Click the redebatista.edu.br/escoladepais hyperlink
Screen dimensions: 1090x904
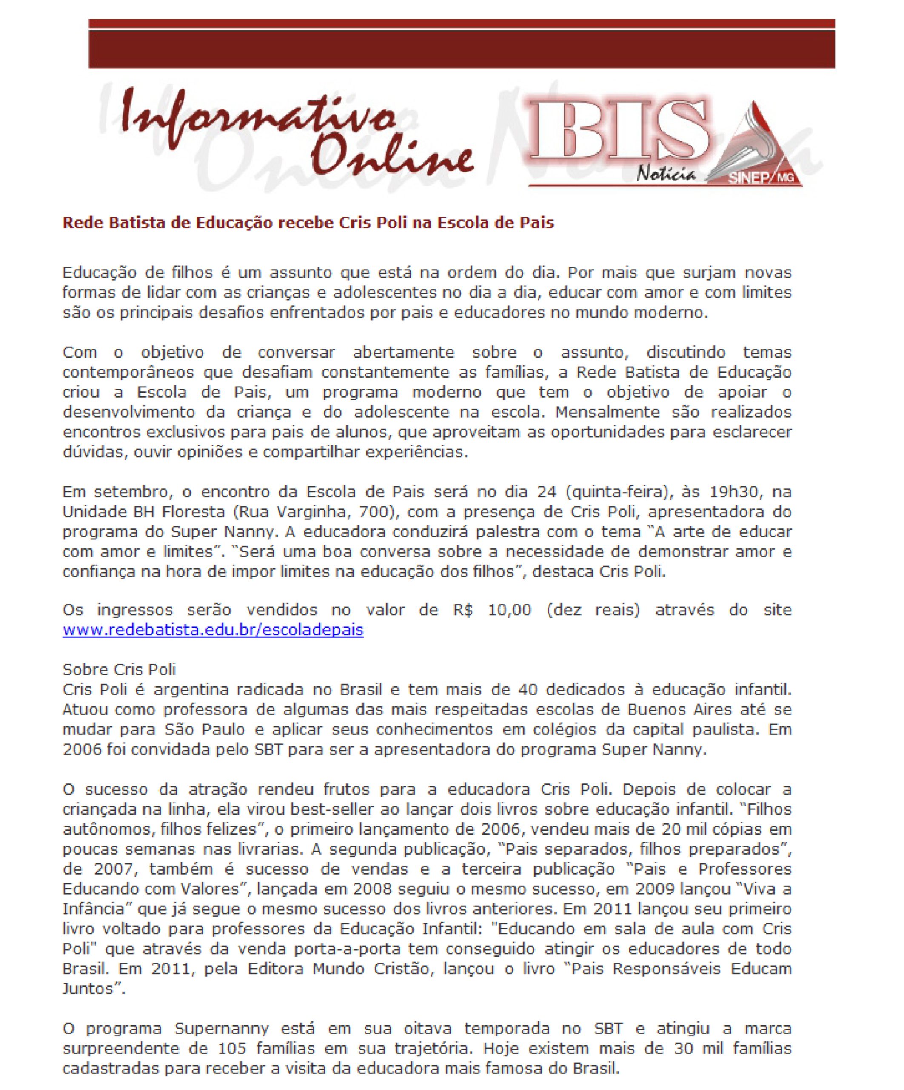pos(213,630)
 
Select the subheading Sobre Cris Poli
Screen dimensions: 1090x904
pos(119,670)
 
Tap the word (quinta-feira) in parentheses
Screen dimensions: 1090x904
pos(610,491)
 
